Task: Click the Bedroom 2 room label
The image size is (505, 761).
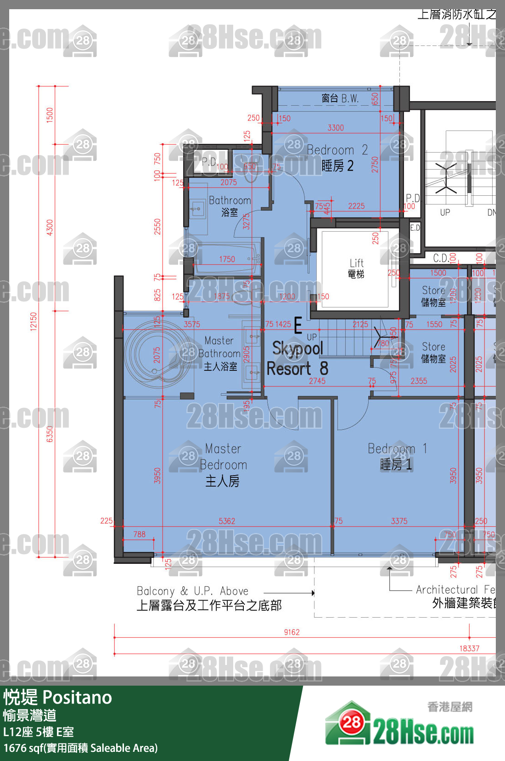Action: [337, 157]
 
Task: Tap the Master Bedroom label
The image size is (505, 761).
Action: [223, 464]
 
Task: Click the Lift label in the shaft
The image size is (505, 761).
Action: [356, 268]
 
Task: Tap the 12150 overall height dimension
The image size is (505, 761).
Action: [34, 321]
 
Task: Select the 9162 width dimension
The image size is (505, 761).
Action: [292, 632]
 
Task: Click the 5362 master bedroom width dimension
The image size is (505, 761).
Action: [227, 521]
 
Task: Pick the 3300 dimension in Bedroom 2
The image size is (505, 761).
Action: [336, 128]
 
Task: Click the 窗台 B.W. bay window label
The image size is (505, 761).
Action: [340, 98]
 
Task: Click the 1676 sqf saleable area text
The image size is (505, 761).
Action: [80, 748]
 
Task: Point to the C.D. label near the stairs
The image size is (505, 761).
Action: [441, 258]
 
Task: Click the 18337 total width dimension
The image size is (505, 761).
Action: [469, 648]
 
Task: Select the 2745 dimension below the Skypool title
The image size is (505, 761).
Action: [317, 381]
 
